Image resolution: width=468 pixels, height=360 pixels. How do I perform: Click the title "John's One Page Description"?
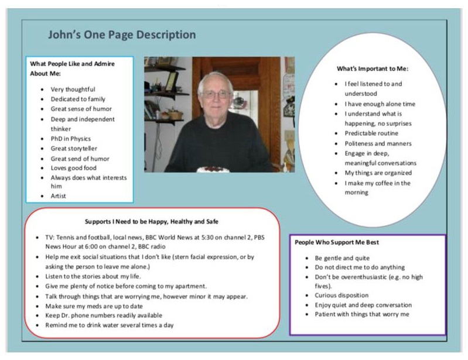122,35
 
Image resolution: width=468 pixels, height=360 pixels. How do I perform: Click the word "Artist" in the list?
59,196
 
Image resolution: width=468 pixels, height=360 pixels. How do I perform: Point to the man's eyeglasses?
216,94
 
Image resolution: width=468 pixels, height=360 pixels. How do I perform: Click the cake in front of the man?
213,169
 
